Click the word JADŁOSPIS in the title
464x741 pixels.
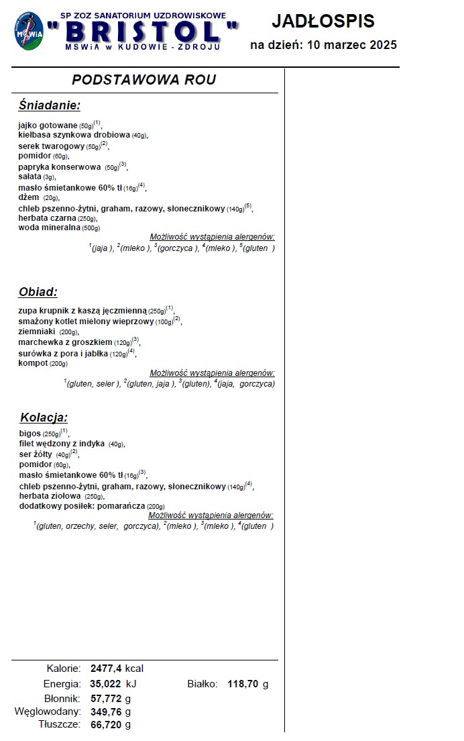pyautogui.click(x=323, y=21)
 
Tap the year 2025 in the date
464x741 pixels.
pyautogui.click(x=380, y=45)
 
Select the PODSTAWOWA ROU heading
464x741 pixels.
pyautogui.click(x=143, y=80)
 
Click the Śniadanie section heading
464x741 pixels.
pyautogui.click(x=50, y=105)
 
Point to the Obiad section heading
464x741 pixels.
pyautogui.click(x=38, y=292)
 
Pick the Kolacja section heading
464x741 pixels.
pyautogui.click(x=44, y=417)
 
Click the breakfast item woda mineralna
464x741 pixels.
pyautogui.click(x=50, y=228)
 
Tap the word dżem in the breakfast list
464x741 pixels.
pyautogui.click(x=29, y=197)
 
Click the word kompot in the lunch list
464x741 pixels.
pyautogui.click(x=33, y=363)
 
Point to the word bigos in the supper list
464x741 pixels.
pyautogui.click(x=30, y=434)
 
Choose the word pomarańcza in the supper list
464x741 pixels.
pyautogui.click(x=121, y=506)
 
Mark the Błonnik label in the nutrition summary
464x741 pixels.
pyautogui.click(x=62, y=699)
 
